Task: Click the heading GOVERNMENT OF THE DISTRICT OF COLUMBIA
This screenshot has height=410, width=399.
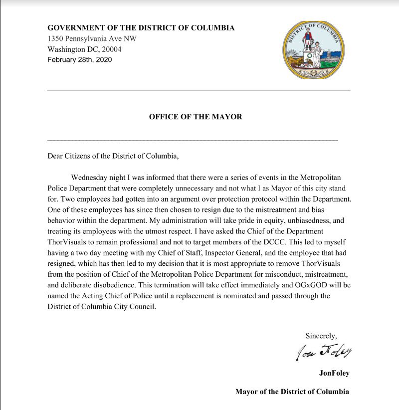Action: (x=141, y=28)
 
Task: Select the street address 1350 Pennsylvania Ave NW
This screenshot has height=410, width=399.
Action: (x=92, y=39)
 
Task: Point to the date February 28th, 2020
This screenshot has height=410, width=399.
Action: (x=80, y=60)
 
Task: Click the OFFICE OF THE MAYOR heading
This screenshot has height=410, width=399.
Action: (x=196, y=117)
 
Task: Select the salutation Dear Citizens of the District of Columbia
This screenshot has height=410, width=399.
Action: (x=113, y=156)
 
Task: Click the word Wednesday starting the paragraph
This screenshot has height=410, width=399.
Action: (x=92, y=178)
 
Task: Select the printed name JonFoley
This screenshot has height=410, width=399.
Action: (x=334, y=373)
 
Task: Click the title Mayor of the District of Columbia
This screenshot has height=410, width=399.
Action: (x=292, y=392)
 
